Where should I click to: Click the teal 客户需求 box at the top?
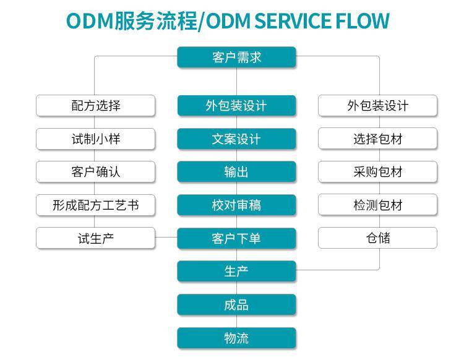236,58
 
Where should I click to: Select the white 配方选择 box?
95,106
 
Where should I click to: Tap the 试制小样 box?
95,139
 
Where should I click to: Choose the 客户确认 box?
95,172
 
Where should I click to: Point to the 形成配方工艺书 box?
95,205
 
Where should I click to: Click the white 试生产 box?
95,238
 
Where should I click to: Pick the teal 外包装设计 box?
236,106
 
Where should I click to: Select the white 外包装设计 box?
377,106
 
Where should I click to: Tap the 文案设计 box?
236,139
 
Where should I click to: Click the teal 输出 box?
236,172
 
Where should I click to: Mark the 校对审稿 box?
236,205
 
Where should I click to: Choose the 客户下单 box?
236,238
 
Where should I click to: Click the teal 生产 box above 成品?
236,272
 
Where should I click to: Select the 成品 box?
236,305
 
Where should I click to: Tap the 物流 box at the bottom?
236,338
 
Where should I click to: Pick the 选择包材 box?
377,139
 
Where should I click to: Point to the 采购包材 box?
377,172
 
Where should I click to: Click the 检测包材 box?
377,205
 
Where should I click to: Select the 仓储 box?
377,238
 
